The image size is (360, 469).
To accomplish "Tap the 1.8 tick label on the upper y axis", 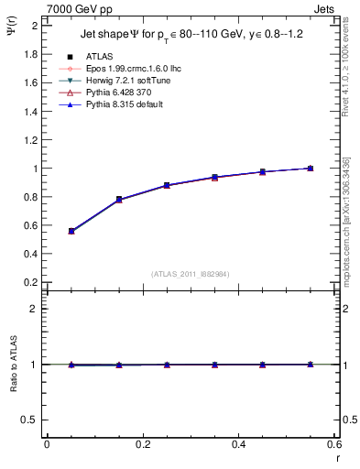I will click(30, 54).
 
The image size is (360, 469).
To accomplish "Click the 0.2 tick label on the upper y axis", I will click(30, 283).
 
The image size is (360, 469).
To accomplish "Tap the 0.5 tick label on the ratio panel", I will click(30, 420).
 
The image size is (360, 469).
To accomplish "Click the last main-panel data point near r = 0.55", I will click(311, 169).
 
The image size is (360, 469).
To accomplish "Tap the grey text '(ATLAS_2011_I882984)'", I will click(191, 273).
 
